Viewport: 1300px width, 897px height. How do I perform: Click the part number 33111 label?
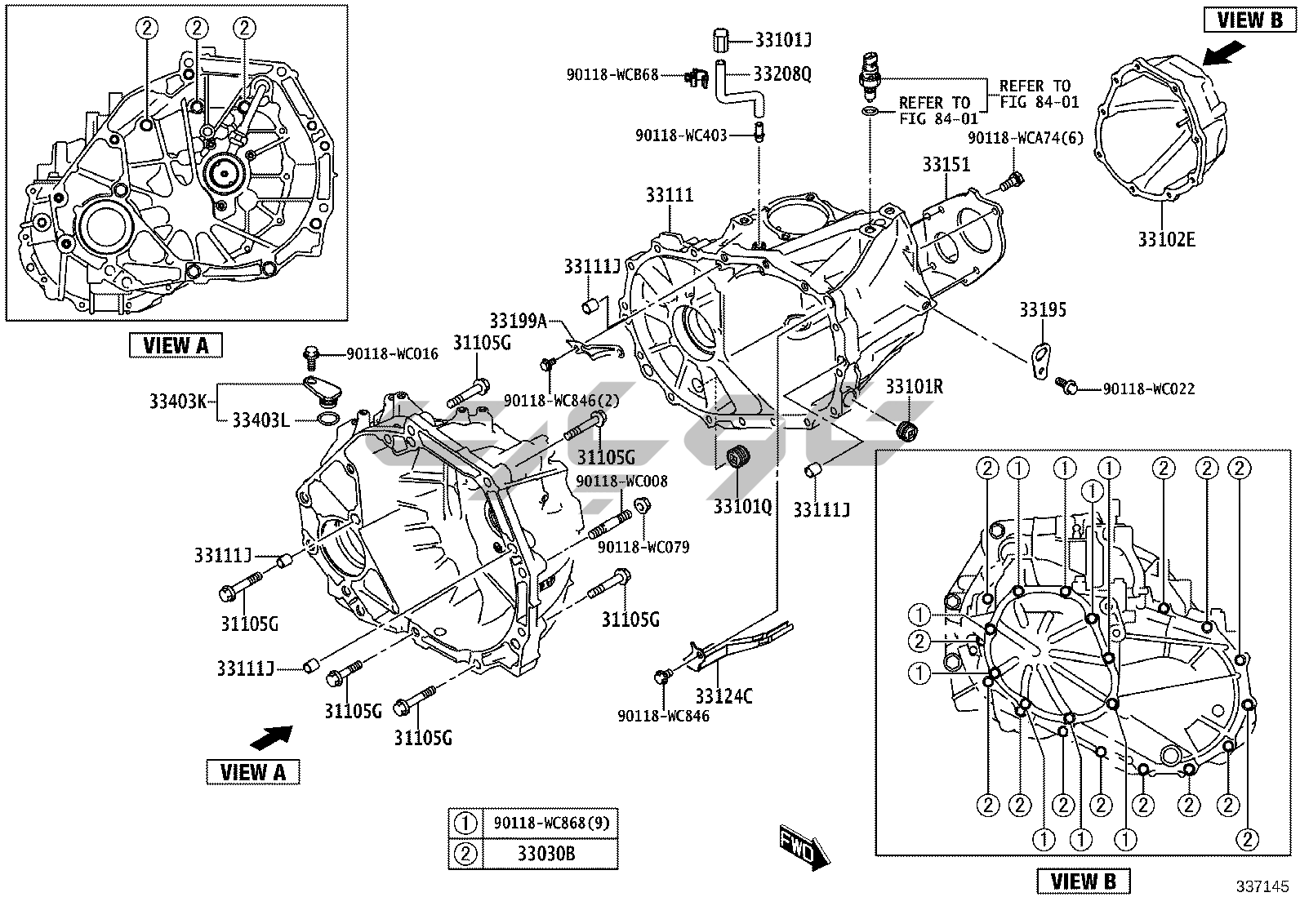click(669, 195)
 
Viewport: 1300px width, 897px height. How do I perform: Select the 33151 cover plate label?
click(946, 164)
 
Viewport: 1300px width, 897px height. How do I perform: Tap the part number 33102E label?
click(1167, 239)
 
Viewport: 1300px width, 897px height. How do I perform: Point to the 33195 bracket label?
click(1042, 310)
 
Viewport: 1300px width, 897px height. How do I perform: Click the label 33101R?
click(915, 386)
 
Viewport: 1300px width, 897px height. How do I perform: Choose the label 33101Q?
click(742, 506)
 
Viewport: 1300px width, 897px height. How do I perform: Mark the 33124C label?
click(723, 696)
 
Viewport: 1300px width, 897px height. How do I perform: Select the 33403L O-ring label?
click(260, 420)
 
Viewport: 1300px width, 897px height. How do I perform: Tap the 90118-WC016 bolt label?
click(392, 354)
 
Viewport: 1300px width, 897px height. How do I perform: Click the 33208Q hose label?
click(782, 74)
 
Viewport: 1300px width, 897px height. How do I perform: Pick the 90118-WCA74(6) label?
click(1026, 137)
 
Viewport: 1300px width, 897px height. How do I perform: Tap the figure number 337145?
click(1263, 885)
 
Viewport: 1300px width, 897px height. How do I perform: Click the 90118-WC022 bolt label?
click(1149, 389)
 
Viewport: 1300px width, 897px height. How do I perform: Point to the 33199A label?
click(519, 321)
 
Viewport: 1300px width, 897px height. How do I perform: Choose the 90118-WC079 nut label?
click(643, 546)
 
